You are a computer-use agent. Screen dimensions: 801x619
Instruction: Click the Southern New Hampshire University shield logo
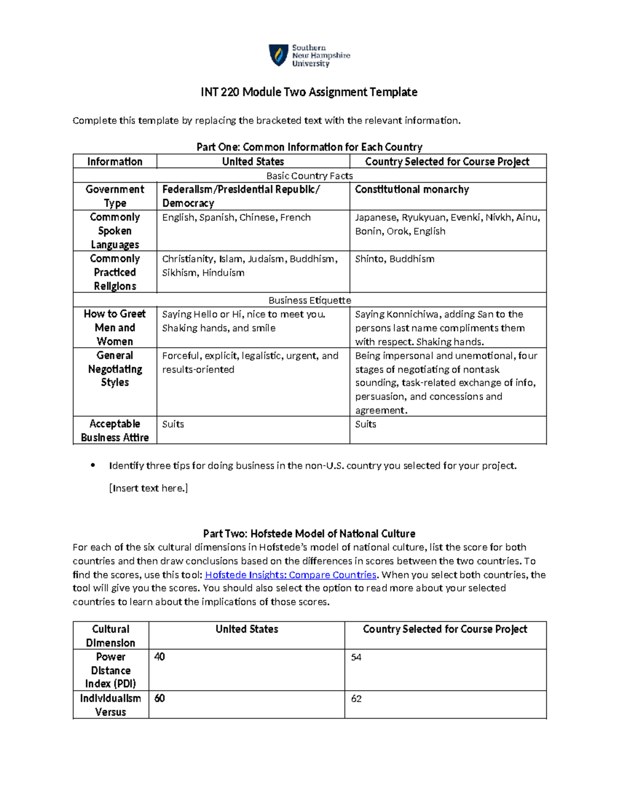point(279,55)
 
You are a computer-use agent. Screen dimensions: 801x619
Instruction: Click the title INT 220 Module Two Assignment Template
point(309,92)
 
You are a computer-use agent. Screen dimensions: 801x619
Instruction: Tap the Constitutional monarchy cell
point(412,190)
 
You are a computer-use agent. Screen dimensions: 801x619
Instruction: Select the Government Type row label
point(115,196)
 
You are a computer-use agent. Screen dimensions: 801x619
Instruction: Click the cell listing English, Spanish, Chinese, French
point(236,218)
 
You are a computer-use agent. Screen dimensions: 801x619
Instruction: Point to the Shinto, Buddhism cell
point(395,259)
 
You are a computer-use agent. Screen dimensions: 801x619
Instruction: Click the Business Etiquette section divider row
point(309,300)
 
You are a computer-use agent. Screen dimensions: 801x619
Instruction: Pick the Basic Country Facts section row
point(309,176)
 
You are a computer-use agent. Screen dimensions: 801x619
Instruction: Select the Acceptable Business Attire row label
point(115,431)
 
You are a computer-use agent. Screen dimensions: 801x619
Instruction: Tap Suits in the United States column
point(173,424)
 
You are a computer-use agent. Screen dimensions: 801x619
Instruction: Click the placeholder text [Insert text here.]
point(149,488)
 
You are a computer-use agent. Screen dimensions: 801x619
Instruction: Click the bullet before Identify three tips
point(93,465)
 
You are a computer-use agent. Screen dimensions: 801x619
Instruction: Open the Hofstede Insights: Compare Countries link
point(291,575)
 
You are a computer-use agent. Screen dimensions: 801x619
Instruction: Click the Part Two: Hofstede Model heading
point(309,534)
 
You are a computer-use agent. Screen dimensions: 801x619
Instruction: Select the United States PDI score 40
point(159,657)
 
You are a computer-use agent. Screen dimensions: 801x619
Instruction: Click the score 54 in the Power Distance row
point(356,657)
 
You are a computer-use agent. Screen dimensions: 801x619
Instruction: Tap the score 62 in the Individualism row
point(356,699)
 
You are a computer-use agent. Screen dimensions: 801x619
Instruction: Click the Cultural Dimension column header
point(110,635)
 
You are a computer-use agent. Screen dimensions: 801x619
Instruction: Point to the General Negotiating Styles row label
point(115,369)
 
